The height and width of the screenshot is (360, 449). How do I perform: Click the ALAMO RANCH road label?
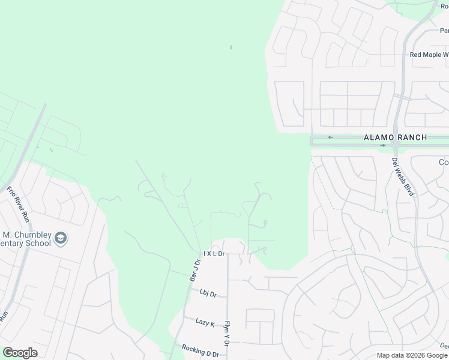click(x=396, y=137)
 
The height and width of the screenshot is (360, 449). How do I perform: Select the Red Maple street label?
click(x=428, y=55)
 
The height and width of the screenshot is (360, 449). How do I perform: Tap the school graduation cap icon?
click(x=60, y=239)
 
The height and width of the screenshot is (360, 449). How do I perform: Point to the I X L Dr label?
click(x=214, y=254)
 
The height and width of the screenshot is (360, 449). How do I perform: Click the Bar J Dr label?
click(x=194, y=270)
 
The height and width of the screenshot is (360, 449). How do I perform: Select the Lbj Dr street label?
click(x=208, y=293)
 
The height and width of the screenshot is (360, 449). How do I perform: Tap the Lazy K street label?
click(x=205, y=323)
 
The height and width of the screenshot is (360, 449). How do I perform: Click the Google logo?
click(x=20, y=353)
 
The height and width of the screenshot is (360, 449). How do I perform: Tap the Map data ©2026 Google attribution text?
click(x=412, y=355)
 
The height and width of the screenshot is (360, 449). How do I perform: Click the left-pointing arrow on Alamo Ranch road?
click(x=330, y=137)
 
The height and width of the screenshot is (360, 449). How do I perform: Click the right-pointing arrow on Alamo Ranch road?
click(x=382, y=145)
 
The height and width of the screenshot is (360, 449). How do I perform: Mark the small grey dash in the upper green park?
click(x=231, y=47)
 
